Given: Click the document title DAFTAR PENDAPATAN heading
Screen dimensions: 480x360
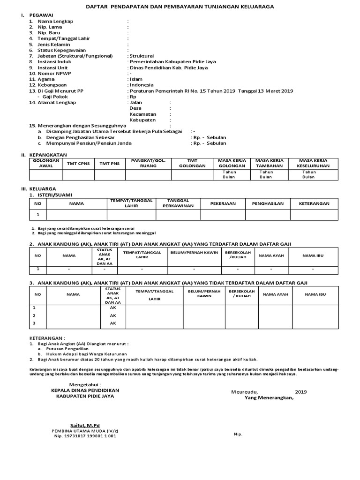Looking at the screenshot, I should (180, 7).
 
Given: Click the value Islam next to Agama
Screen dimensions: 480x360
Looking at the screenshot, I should (136, 79).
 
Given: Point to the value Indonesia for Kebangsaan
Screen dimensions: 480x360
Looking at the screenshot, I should (142, 85).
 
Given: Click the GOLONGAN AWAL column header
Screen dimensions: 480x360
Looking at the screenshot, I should (45, 163).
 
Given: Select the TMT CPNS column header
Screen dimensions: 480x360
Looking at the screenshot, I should (78, 163).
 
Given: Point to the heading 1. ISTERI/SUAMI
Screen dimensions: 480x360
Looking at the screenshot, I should (51, 195).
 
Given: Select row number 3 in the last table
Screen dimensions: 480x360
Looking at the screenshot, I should (34, 323).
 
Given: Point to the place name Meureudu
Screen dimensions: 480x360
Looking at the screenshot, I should (244, 392).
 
